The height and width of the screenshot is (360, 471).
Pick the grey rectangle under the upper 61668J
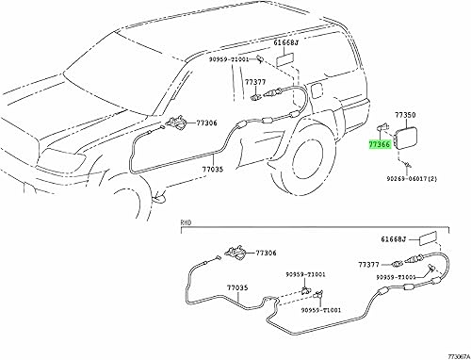click(284, 58)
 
